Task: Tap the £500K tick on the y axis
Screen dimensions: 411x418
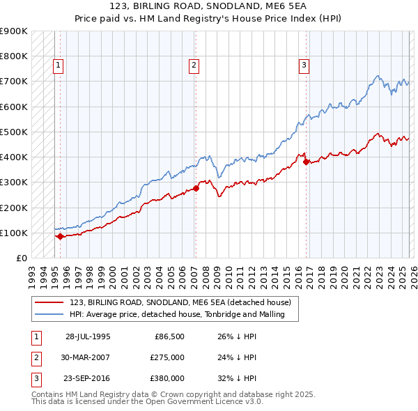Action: coord(15,132)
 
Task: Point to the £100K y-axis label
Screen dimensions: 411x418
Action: coord(15,233)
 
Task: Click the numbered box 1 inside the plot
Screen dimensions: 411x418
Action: coord(58,66)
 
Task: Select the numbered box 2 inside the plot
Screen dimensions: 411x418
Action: coord(193,66)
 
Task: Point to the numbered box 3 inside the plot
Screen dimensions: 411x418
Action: coord(304,66)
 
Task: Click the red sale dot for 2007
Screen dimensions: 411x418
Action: coord(196,188)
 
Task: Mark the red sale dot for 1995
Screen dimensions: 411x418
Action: coord(60,236)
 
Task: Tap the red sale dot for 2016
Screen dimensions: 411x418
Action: coord(307,162)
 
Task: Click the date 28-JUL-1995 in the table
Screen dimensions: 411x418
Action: coord(88,336)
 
